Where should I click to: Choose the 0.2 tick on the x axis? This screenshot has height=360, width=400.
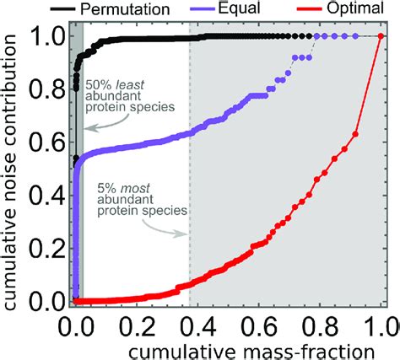(134, 323)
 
